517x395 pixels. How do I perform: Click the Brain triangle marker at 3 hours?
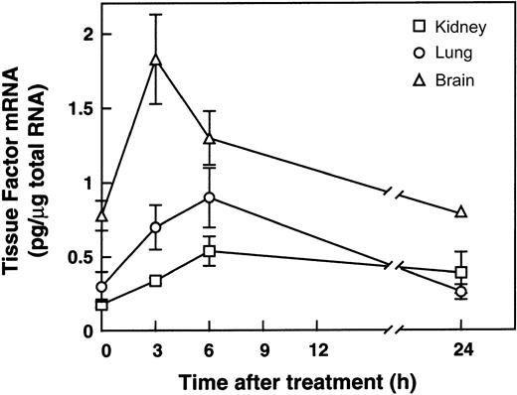point(155,60)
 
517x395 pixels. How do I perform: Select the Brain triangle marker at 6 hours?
point(210,138)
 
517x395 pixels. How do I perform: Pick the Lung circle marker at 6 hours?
point(210,197)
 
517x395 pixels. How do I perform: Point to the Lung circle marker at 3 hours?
point(155,227)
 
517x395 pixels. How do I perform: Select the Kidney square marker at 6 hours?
point(210,251)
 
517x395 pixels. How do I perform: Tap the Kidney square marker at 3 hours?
point(155,281)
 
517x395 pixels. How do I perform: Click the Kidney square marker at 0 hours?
point(101,305)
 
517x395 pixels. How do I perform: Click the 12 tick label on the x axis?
point(318,350)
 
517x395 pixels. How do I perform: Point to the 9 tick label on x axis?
point(263,350)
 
